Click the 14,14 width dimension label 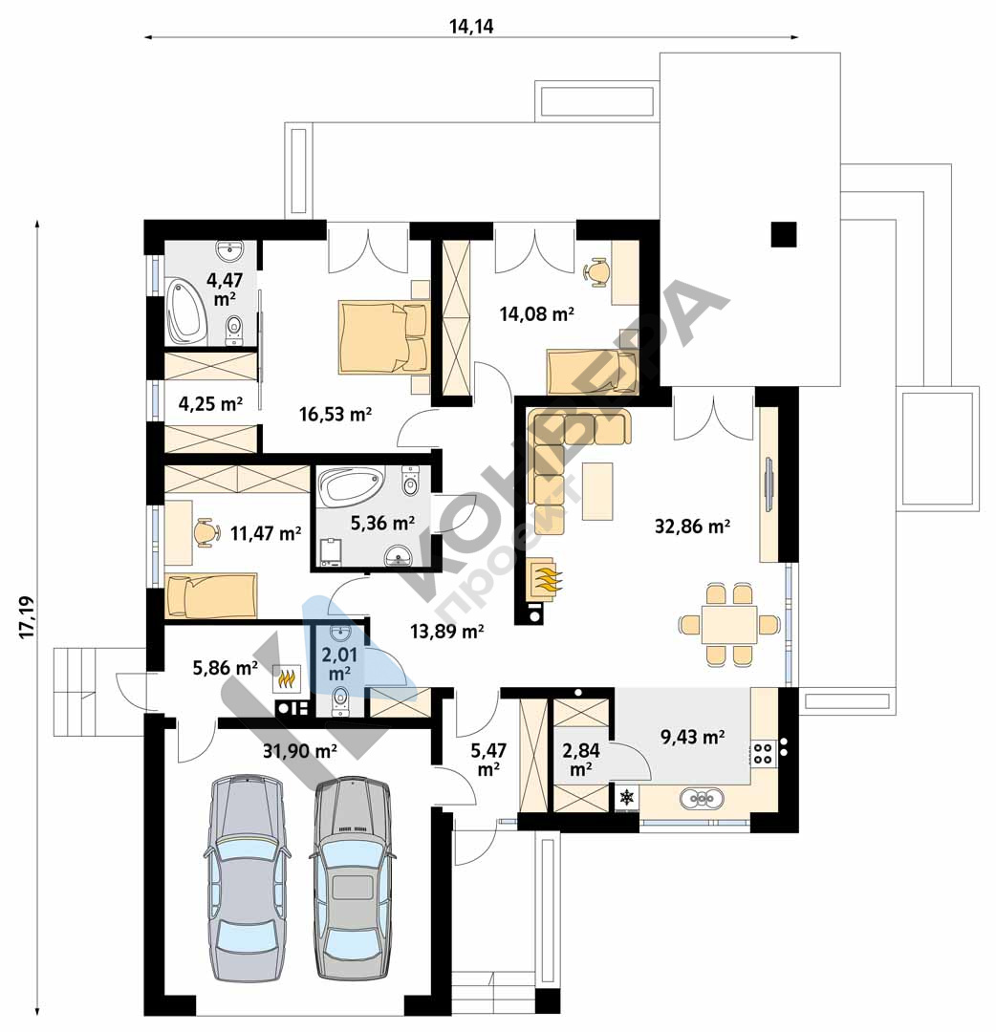(470, 27)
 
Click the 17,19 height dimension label (27, 617)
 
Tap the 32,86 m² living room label (692, 526)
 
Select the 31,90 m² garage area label (300, 750)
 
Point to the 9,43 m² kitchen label (693, 737)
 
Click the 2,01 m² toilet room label (339, 664)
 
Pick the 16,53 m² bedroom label (336, 414)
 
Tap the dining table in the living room (728, 624)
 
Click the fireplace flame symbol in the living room (544, 578)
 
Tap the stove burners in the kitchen (763, 754)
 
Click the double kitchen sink (702, 798)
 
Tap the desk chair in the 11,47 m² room (206, 532)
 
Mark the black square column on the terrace (784, 234)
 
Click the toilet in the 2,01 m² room (340, 700)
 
